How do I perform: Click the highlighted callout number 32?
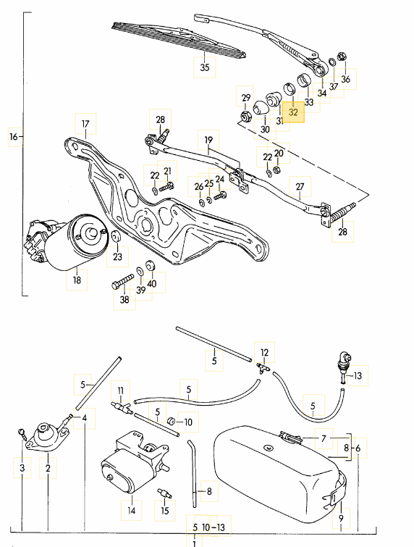tap(293, 112)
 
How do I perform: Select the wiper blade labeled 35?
tap(179, 39)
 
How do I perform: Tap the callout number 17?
tap(85, 124)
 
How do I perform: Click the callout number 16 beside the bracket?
tap(13, 136)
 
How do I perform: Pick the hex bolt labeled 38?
tap(122, 281)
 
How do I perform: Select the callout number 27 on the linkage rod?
tap(300, 187)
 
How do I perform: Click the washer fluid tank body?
tap(279, 472)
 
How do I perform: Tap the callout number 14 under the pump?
tap(131, 511)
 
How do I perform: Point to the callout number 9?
tap(341, 518)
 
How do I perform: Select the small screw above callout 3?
tap(22, 434)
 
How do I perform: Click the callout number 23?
tap(117, 256)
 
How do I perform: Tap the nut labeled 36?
tap(341, 57)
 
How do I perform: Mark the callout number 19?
tap(208, 140)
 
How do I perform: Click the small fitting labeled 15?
tap(164, 493)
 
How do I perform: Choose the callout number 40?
tap(151, 283)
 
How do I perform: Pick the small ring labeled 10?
tap(171, 421)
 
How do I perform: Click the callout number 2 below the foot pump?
tap(48, 468)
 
